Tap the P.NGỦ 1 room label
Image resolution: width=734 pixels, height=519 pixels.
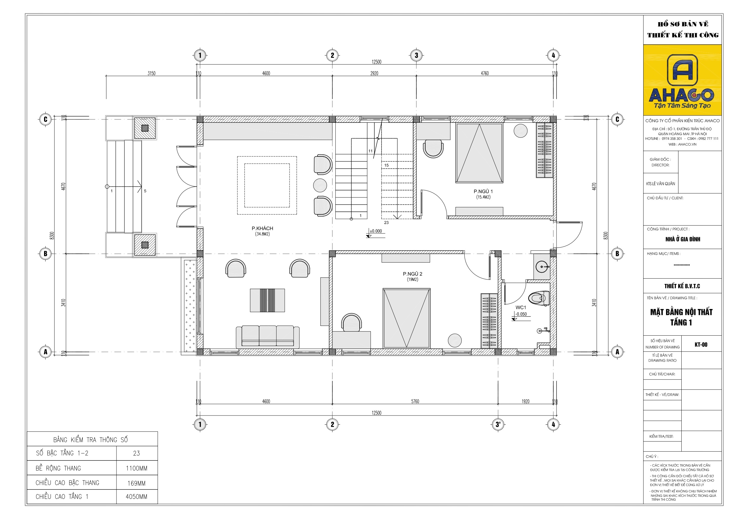pos(483,191)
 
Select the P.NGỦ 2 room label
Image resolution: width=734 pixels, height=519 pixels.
pos(413,274)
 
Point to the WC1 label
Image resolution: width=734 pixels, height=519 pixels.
pos(520,307)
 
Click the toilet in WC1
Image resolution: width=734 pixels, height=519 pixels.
pos(539,298)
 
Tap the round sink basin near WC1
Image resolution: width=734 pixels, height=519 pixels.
pos(542,266)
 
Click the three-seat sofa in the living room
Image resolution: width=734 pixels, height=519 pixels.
pos(268,337)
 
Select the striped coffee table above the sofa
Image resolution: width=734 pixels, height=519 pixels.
pos(267,300)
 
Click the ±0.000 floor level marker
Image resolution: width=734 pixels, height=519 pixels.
pos(376,231)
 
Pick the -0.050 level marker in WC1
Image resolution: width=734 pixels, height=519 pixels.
pos(521,314)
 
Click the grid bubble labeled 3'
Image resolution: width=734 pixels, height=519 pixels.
pos(498,424)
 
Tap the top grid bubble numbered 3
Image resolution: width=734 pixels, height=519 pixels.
pos(416,55)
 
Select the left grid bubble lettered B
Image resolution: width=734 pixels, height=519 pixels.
pos(46,253)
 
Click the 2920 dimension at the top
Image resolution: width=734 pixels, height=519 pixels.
pos(374,73)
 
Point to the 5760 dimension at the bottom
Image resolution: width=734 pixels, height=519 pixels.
pos(415,401)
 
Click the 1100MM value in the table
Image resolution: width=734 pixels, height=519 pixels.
pos(137,468)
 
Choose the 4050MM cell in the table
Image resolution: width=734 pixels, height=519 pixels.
pos(137,497)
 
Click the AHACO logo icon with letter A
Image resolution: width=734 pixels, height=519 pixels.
pos(683,70)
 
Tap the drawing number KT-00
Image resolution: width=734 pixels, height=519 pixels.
pos(701,345)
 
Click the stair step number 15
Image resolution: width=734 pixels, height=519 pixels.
pos(387,165)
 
